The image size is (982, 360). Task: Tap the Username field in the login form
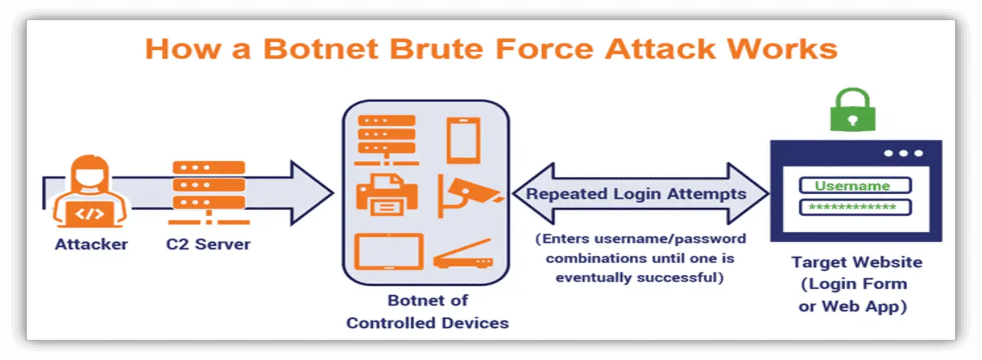pyautogui.click(x=855, y=185)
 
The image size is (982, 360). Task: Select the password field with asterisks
pyautogui.click(x=855, y=207)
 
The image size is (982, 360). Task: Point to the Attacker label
pyautogui.click(x=91, y=244)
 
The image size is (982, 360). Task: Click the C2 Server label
pyautogui.click(x=208, y=244)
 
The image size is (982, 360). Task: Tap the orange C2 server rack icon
pyautogui.click(x=209, y=193)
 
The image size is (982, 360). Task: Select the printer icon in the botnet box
pyautogui.click(x=387, y=194)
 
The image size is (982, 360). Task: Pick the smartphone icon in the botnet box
pyautogui.click(x=464, y=140)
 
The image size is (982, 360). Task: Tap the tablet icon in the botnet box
pyautogui.click(x=389, y=252)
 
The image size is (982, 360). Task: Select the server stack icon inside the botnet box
pyautogui.click(x=387, y=140)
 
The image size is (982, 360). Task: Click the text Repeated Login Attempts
pyautogui.click(x=636, y=194)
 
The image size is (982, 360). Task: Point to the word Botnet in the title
pyautogui.click(x=321, y=48)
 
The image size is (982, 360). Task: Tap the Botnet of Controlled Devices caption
pyautogui.click(x=428, y=312)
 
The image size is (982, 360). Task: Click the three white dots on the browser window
pyautogui.click(x=903, y=153)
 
